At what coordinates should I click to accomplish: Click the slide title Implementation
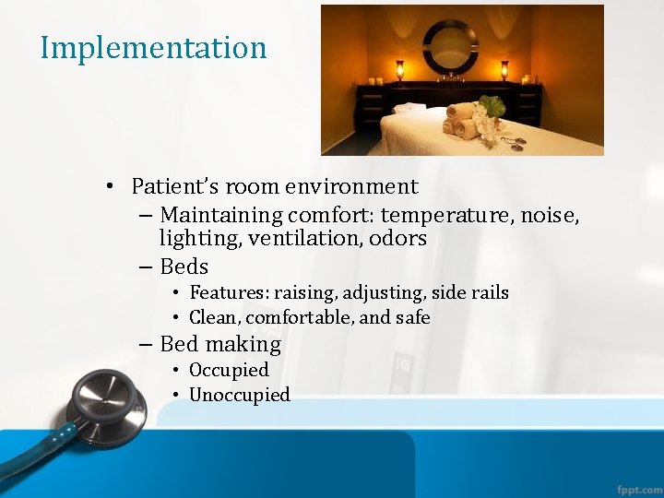coord(153,48)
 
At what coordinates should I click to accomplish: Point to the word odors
coord(397,239)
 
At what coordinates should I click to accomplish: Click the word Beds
coord(184,267)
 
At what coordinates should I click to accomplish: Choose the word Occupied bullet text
coord(229,370)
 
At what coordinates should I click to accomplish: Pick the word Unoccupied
coord(240,395)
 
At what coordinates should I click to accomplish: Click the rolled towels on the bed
coord(460,120)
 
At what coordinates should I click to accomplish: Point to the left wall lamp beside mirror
coord(399,69)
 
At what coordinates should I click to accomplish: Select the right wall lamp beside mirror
coord(504,69)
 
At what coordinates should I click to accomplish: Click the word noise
coord(548,215)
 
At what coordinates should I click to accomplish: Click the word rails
coord(488,293)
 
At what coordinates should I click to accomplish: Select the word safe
coord(413,318)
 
